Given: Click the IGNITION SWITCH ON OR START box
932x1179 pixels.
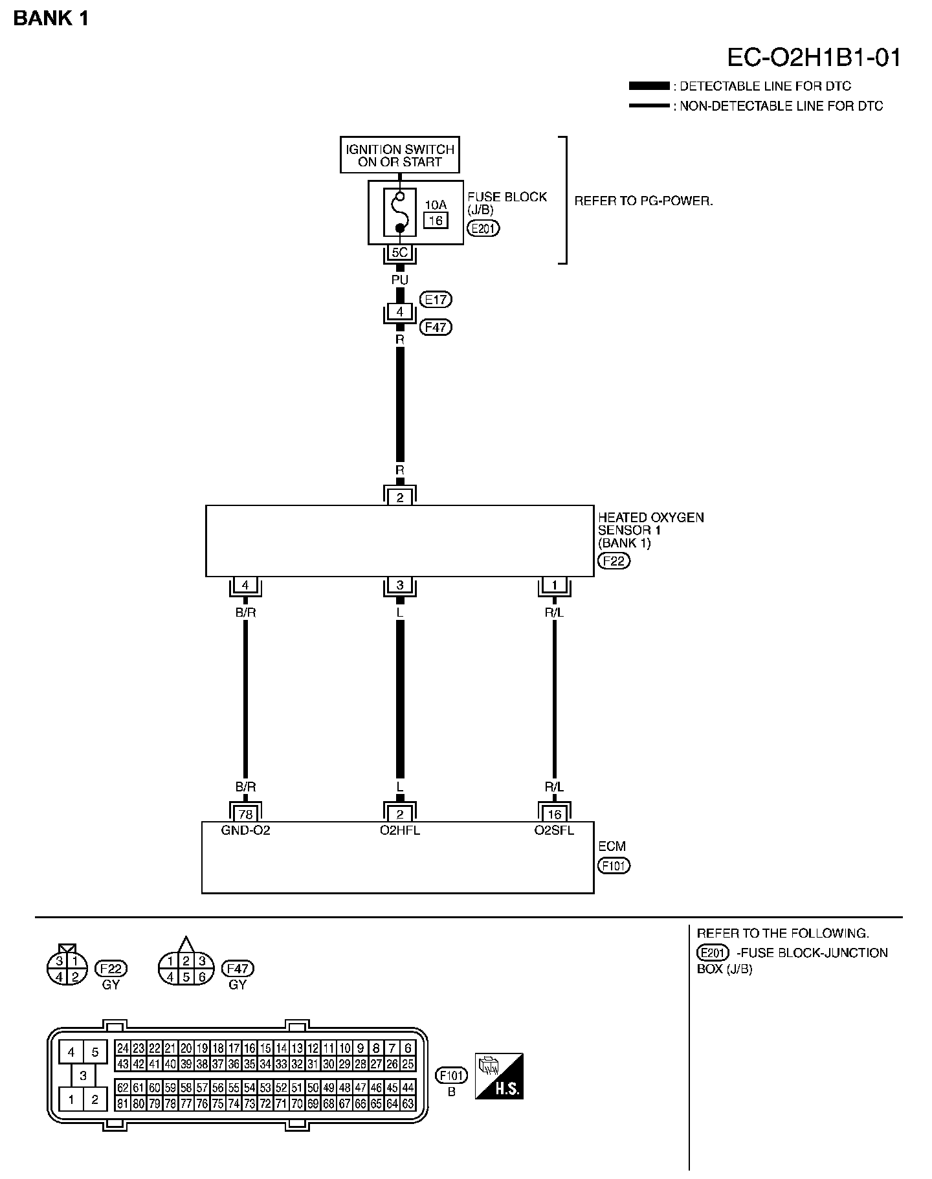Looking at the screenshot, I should point(399,155).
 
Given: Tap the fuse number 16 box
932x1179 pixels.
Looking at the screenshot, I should point(436,221).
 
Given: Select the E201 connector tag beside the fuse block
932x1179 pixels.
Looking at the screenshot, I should point(483,228).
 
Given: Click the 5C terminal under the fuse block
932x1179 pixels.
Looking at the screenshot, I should point(399,253).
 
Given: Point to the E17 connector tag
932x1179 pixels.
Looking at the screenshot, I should point(436,300).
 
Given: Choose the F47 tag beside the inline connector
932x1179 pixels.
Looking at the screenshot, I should point(436,327).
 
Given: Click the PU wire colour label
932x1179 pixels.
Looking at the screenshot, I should point(399,280).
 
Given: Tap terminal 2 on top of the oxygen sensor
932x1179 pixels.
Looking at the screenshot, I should point(399,498).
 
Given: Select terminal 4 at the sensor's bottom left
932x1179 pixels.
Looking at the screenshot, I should point(245,586).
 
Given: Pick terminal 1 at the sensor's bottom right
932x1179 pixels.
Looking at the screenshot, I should point(555,586).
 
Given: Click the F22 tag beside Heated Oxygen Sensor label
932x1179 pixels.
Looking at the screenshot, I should point(614,561).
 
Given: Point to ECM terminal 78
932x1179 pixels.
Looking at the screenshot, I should point(245,814).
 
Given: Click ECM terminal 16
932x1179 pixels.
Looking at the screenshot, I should point(555,814).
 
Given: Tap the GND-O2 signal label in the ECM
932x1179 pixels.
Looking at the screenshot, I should point(245,830).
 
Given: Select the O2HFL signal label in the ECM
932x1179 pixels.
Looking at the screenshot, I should point(399,830).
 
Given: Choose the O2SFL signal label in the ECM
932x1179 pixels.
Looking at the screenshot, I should point(554,830).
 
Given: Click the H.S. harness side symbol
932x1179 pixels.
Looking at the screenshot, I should point(499,1076).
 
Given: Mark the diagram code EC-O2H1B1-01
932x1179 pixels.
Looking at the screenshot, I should point(814,58).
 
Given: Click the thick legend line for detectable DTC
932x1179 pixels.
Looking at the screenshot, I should point(649,86).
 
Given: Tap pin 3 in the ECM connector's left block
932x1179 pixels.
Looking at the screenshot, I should point(83,1075).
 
